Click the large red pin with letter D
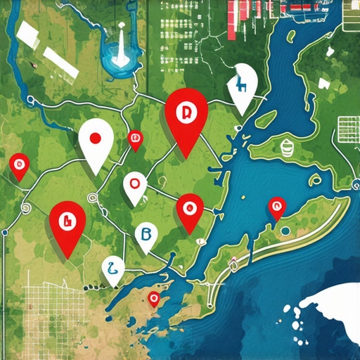coord(186,116)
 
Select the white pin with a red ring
coord(134,186)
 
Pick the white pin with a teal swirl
coord(112,268)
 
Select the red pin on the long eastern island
coord(276,207)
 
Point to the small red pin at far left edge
coord(18,167)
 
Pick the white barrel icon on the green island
coord(286,148)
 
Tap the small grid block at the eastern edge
coord(349,127)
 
